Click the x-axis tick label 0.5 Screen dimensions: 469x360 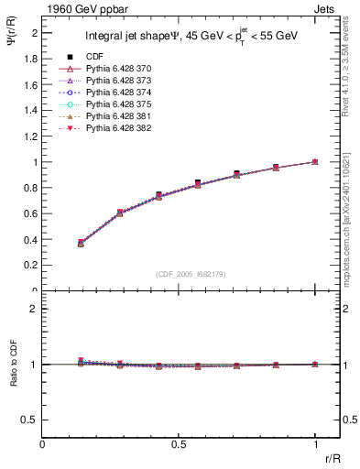pos(179,444)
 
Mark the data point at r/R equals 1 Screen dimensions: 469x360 pos(315,161)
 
